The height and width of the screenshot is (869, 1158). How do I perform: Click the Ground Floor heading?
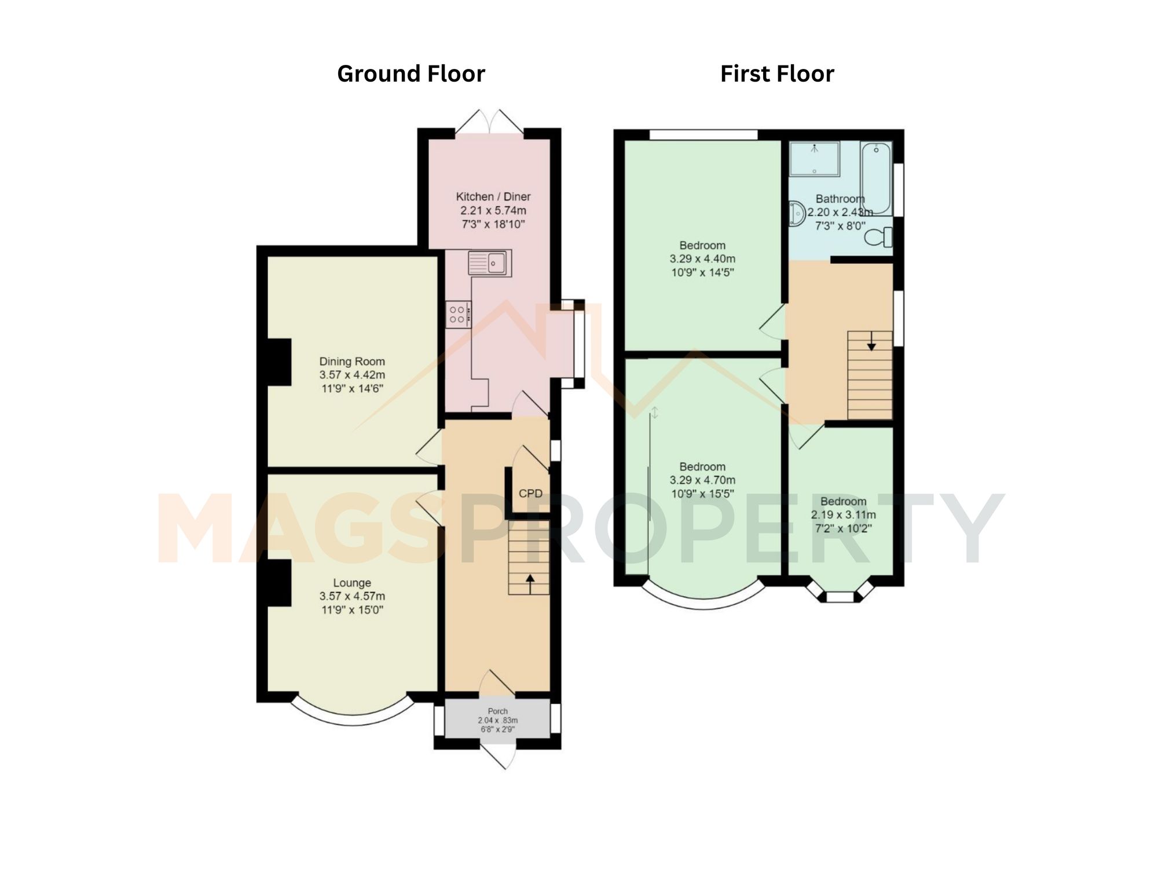411,74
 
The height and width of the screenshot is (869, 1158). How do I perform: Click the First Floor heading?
776,74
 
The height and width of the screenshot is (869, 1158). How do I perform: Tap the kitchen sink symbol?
489,263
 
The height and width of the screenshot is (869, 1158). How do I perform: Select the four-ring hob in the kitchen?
458,315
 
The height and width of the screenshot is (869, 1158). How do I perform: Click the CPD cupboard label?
530,494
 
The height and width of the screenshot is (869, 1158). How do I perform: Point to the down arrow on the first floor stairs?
871,346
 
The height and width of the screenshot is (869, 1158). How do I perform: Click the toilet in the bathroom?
879,237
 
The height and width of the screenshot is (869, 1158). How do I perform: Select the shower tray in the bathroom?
815,158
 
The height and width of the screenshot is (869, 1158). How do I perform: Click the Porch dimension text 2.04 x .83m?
497,720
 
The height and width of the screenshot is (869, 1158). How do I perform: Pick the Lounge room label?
351,583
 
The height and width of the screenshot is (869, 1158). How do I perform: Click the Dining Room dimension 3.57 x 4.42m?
351,375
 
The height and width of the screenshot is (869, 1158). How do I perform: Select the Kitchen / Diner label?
493,196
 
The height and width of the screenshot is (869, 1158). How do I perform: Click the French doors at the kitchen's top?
489,123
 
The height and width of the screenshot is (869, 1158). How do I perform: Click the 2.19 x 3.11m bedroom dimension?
843,514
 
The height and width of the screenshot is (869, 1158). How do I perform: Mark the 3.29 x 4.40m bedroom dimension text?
702,258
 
